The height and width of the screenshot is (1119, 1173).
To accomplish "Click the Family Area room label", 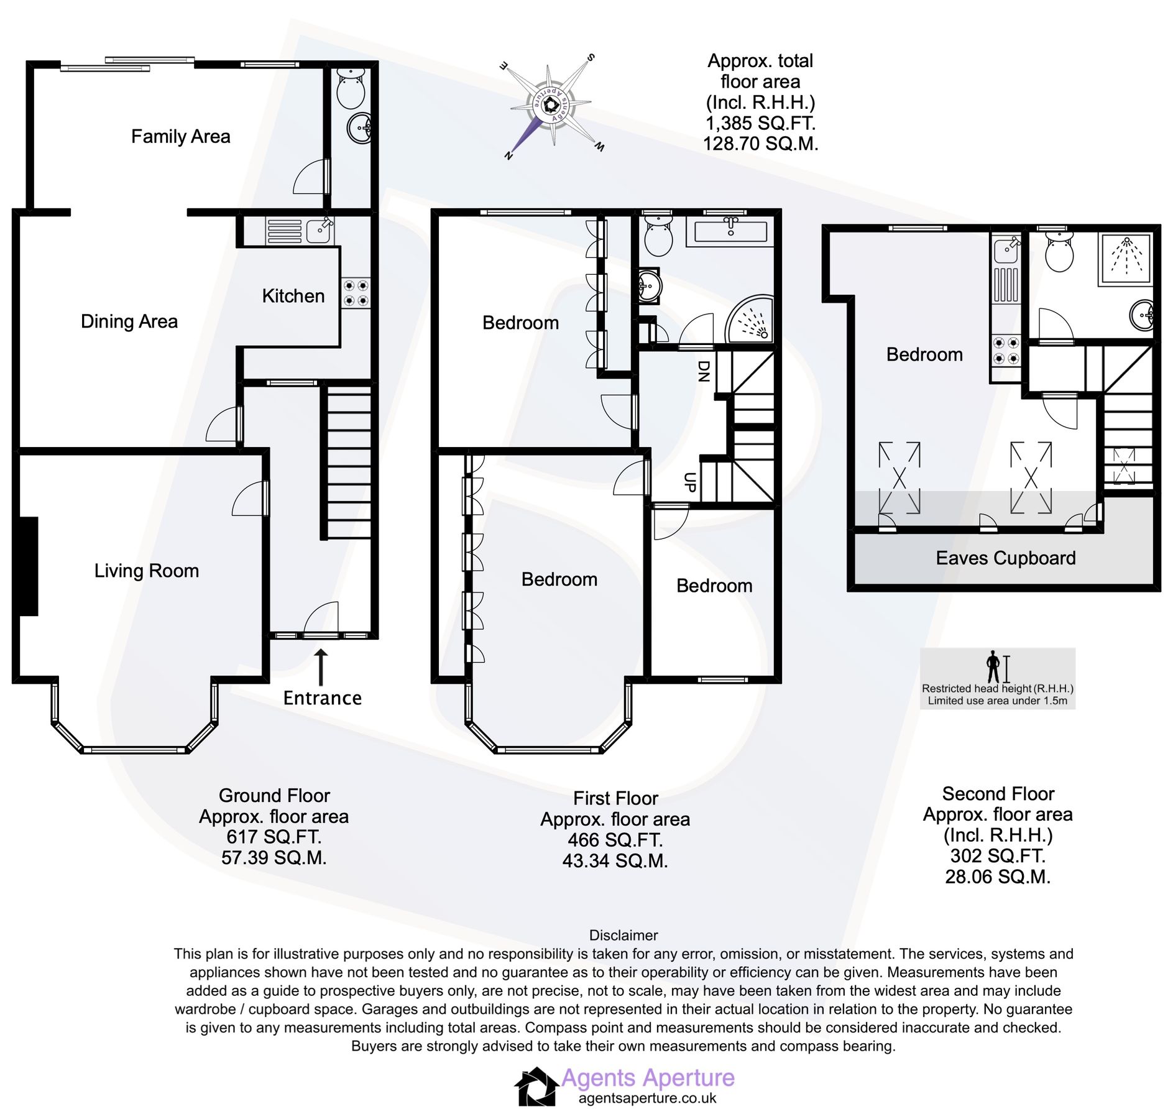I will pos(180,136).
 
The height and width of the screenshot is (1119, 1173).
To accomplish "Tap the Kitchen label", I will pos(293,296).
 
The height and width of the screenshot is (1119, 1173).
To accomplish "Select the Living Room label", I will pos(146,571).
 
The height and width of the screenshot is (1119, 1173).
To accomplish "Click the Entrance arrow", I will pos(321,667).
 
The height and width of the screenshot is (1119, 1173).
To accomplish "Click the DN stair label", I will pos(703,371).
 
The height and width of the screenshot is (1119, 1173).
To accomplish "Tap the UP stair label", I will pos(689,482).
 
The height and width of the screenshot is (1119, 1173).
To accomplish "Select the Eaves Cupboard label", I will pos(1005,558).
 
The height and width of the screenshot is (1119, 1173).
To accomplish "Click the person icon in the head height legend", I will pos(993,666).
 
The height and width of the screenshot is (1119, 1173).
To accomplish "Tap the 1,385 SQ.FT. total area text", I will pos(760,123).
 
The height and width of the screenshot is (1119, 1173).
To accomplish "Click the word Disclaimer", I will pos(623,936).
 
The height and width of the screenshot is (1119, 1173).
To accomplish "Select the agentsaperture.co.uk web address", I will pos(647,1098).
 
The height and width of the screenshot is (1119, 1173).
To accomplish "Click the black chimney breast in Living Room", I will pos(29,566).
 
